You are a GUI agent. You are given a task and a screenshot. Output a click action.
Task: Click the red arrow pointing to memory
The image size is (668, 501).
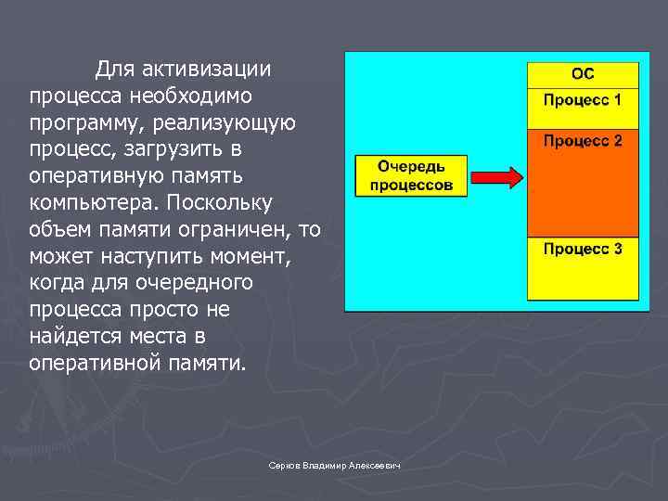click(496, 175)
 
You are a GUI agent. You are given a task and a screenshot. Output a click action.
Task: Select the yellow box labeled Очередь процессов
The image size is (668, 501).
click(411, 175)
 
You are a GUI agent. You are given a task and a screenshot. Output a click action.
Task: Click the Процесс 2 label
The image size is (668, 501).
click(583, 141)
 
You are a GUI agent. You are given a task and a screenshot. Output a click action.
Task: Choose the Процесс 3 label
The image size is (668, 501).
click(583, 249)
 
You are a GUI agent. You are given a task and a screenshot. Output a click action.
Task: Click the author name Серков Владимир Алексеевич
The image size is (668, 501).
click(333, 466)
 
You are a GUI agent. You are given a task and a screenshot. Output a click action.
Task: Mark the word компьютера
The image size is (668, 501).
click(83, 202)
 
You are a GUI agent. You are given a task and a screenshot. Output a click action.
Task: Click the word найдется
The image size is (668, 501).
click(75, 336)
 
